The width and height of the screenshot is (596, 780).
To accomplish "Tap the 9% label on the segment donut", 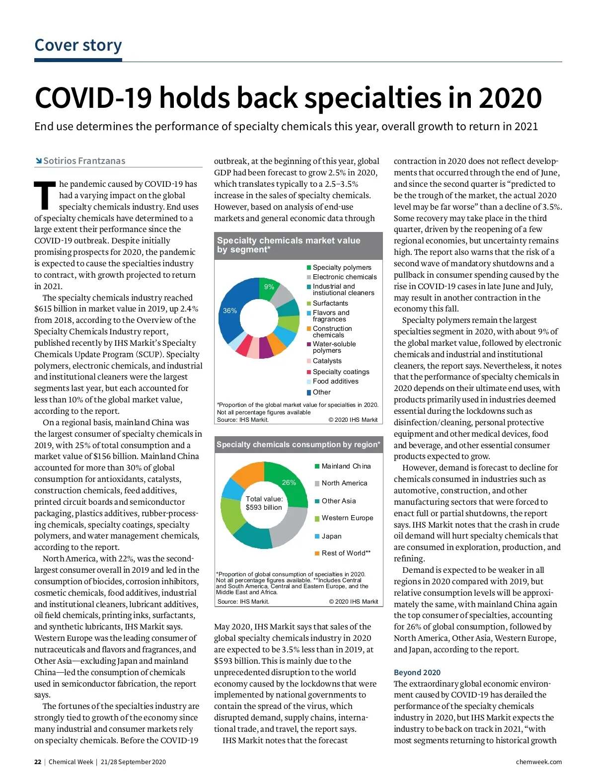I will click(269, 287).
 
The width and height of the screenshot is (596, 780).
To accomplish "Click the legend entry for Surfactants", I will click(330, 303).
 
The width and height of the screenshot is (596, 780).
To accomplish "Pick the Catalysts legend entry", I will click(327, 361).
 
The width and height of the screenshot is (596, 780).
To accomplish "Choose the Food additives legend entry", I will click(335, 381).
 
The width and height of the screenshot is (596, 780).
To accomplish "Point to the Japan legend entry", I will click(331, 536).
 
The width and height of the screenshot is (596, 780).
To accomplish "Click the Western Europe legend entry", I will click(347, 518).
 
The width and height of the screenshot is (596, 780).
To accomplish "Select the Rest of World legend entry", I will click(346, 553).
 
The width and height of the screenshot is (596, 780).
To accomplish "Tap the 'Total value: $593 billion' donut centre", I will click(264, 503).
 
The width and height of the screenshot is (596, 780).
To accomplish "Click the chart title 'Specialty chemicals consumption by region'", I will click(298, 445).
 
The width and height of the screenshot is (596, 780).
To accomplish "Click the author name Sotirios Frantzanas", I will click(84, 161).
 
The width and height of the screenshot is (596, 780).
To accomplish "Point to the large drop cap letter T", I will click(45, 196).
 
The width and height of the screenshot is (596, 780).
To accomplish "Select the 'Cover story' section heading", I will click(78, 45).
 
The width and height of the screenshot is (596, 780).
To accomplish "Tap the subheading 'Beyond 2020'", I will click(417, 672).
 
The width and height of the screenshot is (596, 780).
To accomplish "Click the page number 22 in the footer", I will click(38, 762).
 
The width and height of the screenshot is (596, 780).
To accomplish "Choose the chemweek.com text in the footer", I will click(538, 762).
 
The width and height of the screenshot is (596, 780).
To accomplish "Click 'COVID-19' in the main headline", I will click(93, 98).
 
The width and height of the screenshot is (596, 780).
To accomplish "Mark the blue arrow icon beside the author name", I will click(38, 160).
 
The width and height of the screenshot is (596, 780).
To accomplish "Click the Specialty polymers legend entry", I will click(342, 267).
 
